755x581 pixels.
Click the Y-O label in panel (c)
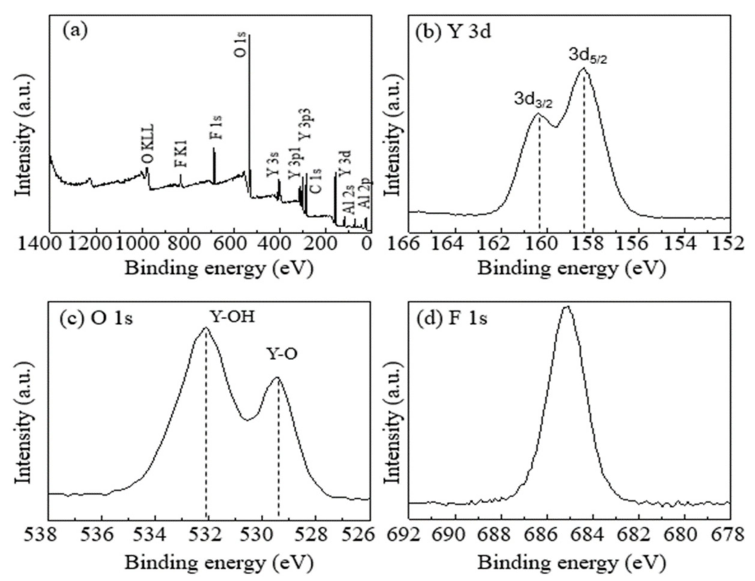point(282,355)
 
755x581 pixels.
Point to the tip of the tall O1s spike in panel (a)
point(249,35)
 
